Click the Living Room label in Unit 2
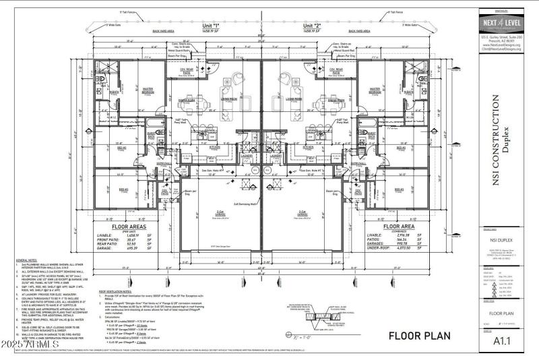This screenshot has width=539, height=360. tap(294, 97)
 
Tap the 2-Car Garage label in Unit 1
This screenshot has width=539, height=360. tap(220, 213)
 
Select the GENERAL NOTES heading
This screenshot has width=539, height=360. tap(27, 259)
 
